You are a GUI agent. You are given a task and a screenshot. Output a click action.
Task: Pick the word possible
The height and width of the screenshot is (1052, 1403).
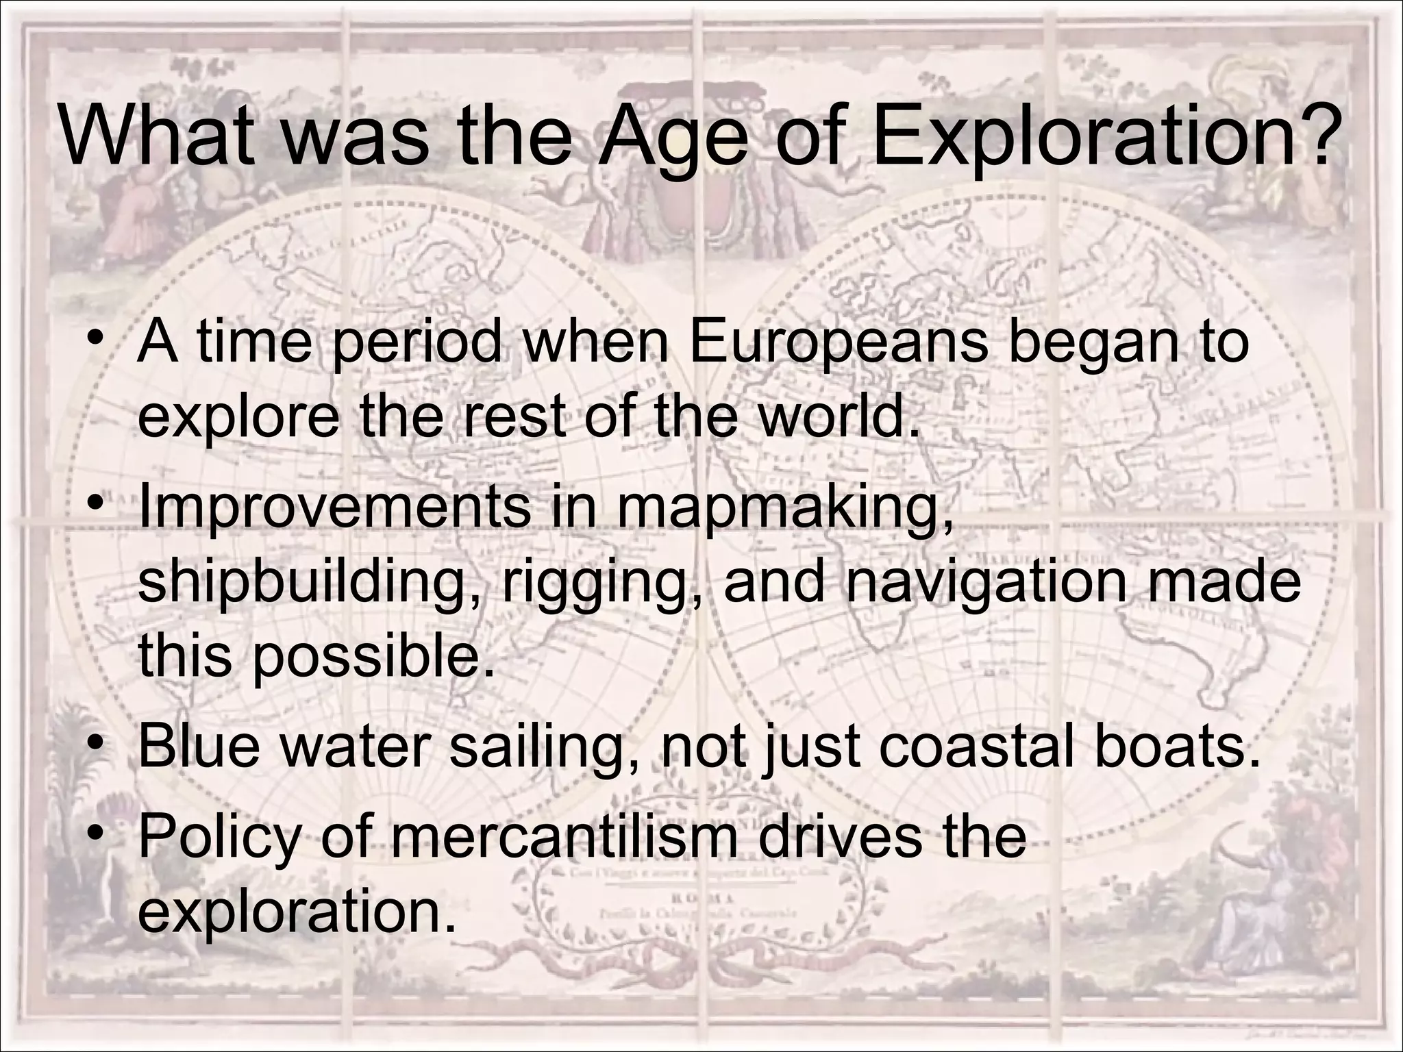pyautogui.click(x=373, y=657)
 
